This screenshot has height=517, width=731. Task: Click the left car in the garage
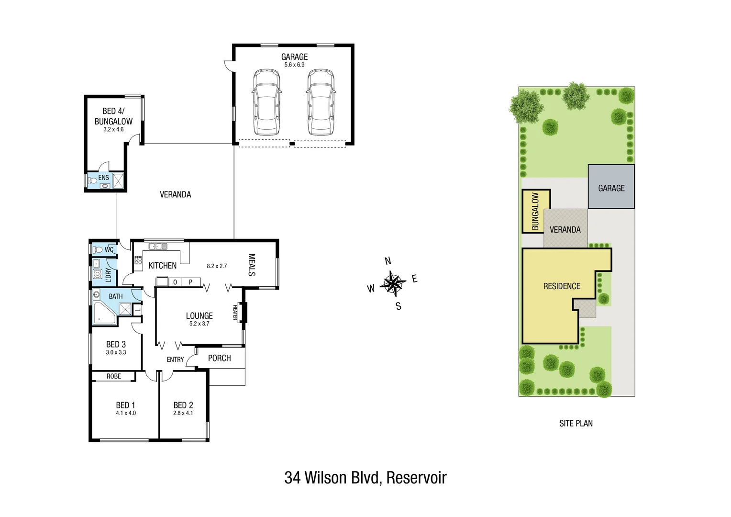click(x=266, y=102)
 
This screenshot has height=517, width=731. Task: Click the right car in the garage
click(x=321, y=102)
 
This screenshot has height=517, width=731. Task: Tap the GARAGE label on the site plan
click(x=611, y=188)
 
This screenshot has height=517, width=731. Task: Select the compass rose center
click(x=393, y=284)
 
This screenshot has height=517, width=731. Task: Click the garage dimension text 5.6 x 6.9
click(x=294, y=65)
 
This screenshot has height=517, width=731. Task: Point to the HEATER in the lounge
click(x=242, y=312)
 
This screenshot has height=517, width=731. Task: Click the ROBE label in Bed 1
click(x=114, y=376)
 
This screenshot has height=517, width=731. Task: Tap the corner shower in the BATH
click(x=104, y=313)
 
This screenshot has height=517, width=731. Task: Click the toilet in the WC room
click(x=98, y=249)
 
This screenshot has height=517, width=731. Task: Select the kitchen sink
click(x=157, y=247)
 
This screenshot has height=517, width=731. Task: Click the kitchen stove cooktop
click(x=138, y=260)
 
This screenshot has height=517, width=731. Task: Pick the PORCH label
click(x=219, y=358)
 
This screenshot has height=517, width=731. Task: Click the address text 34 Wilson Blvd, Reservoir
click(x=365, y=478)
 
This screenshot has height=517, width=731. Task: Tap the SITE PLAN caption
click(x=576, y=423)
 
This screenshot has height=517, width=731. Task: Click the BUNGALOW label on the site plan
click(x=535, y=211)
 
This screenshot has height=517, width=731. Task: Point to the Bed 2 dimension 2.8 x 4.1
click(x=183, y=413)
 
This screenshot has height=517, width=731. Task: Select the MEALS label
click(x=252, y=265)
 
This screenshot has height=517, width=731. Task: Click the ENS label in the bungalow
click(x=103, y=178)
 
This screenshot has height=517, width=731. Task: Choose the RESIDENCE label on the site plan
click(x=562, y=286)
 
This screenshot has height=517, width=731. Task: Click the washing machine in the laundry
click(x=98, y=274)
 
